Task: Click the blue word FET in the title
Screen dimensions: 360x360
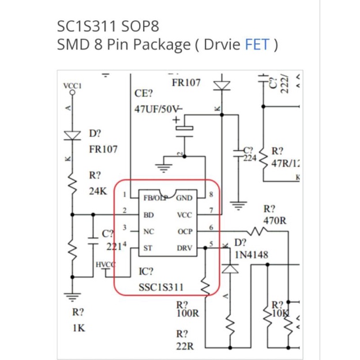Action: tap(257, 44)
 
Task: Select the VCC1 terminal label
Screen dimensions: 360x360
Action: tap(72, 85)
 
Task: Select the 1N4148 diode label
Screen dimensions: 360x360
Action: tap(252, 254)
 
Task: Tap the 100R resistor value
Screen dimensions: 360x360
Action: tap(187, 314)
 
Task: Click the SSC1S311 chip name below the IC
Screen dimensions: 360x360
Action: tap(159, 287)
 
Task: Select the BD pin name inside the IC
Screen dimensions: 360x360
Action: tap(148, 215)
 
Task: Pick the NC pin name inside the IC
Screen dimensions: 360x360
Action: tap(148, 231)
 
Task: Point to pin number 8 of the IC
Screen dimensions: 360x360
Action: tap(212, 194)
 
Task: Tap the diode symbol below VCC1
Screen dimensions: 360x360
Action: tap(72, 135)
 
